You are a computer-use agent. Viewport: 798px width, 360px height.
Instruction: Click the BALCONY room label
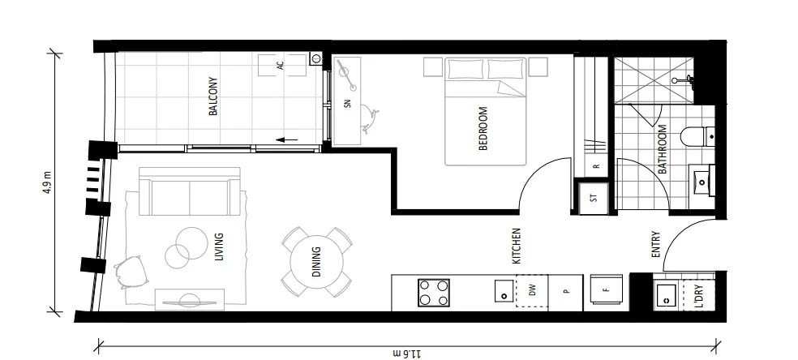click(x=213, y=96)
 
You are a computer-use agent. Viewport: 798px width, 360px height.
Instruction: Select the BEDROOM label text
click(x=484, y=129)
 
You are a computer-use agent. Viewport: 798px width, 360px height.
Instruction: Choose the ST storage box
click(x=593, y=197)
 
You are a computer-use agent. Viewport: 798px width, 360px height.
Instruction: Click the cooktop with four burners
click(x=434, y=292)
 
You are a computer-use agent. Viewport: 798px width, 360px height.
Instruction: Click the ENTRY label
click(x=656, y=246)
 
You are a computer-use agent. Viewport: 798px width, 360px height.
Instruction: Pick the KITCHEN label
click(x=516, y=247)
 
